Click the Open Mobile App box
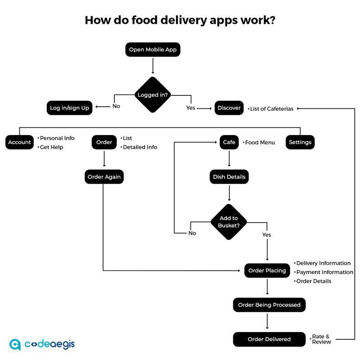pos(153,49)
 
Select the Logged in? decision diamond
pos(153,95)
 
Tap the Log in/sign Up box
pos(69,108)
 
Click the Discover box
pos(229,108)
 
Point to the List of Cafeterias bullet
pos(271,109)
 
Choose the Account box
pos(19,142)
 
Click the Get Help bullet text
pos(51,147)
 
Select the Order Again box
pos(104,177)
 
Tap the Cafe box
pos(229,142)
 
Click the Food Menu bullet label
pos(260,143)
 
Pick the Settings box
pos(300,142)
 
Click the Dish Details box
pos(229,177)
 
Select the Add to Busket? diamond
pos(229,222)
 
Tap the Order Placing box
pos(267,270)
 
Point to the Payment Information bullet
pos(324,272)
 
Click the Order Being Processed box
pos(269,305)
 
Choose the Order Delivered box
pos(269,339)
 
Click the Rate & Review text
pos(321,339)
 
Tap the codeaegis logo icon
pos(15,344)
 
